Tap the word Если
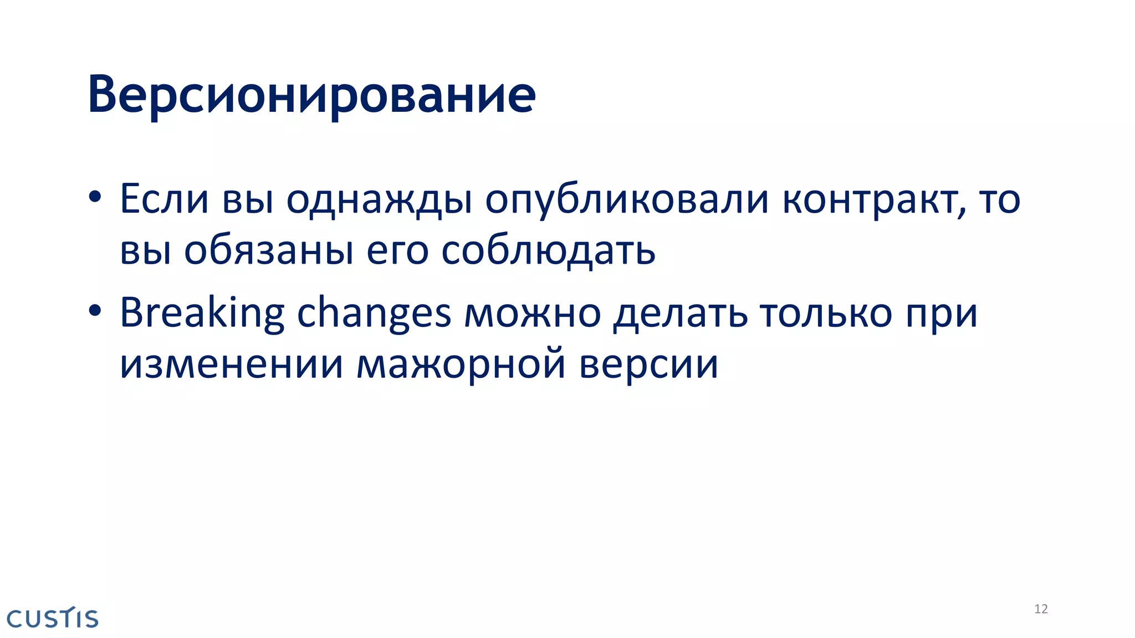(x=164, y=199)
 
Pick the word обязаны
(x=269, y=251)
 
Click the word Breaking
(x=202, y=313)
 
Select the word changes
(x=374, y=313)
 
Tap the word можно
(x=533, y=313)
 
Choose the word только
(x=826, y=313)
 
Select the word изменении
(x=232, y=365)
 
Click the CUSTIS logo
(x=53, y=618)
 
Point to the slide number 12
(x=1041, y=609)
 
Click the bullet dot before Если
(x=95, y=197)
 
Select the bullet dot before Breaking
(x=95, y=311)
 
